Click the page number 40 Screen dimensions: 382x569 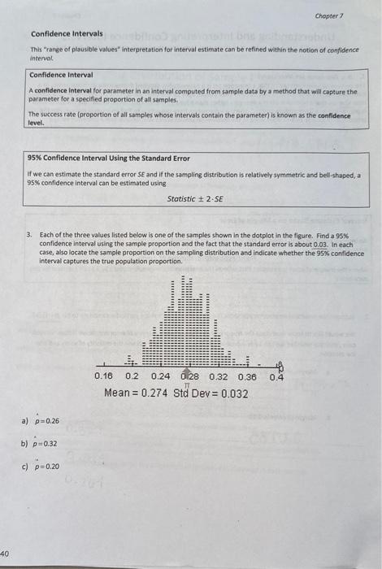point(7,547)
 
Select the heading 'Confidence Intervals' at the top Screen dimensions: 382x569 point(67,33)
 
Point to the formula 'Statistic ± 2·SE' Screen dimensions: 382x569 point(195,198)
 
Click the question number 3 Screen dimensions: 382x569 point(29,233)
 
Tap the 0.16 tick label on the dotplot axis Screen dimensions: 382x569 point(104,377)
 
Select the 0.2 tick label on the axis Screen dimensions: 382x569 point(132,377)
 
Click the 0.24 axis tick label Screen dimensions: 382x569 point(160,377)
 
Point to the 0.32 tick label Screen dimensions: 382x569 point(219,377)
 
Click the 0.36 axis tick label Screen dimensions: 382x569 point(247,377)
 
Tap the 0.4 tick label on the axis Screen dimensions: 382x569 point(277,377)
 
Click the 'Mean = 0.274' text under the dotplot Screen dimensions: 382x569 point(136,393)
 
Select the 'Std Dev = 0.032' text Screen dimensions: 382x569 point(211,393)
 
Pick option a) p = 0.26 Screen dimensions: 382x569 point(42,422)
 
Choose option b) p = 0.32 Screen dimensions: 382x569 point(42,445)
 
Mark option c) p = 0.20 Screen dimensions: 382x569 point(42,467)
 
